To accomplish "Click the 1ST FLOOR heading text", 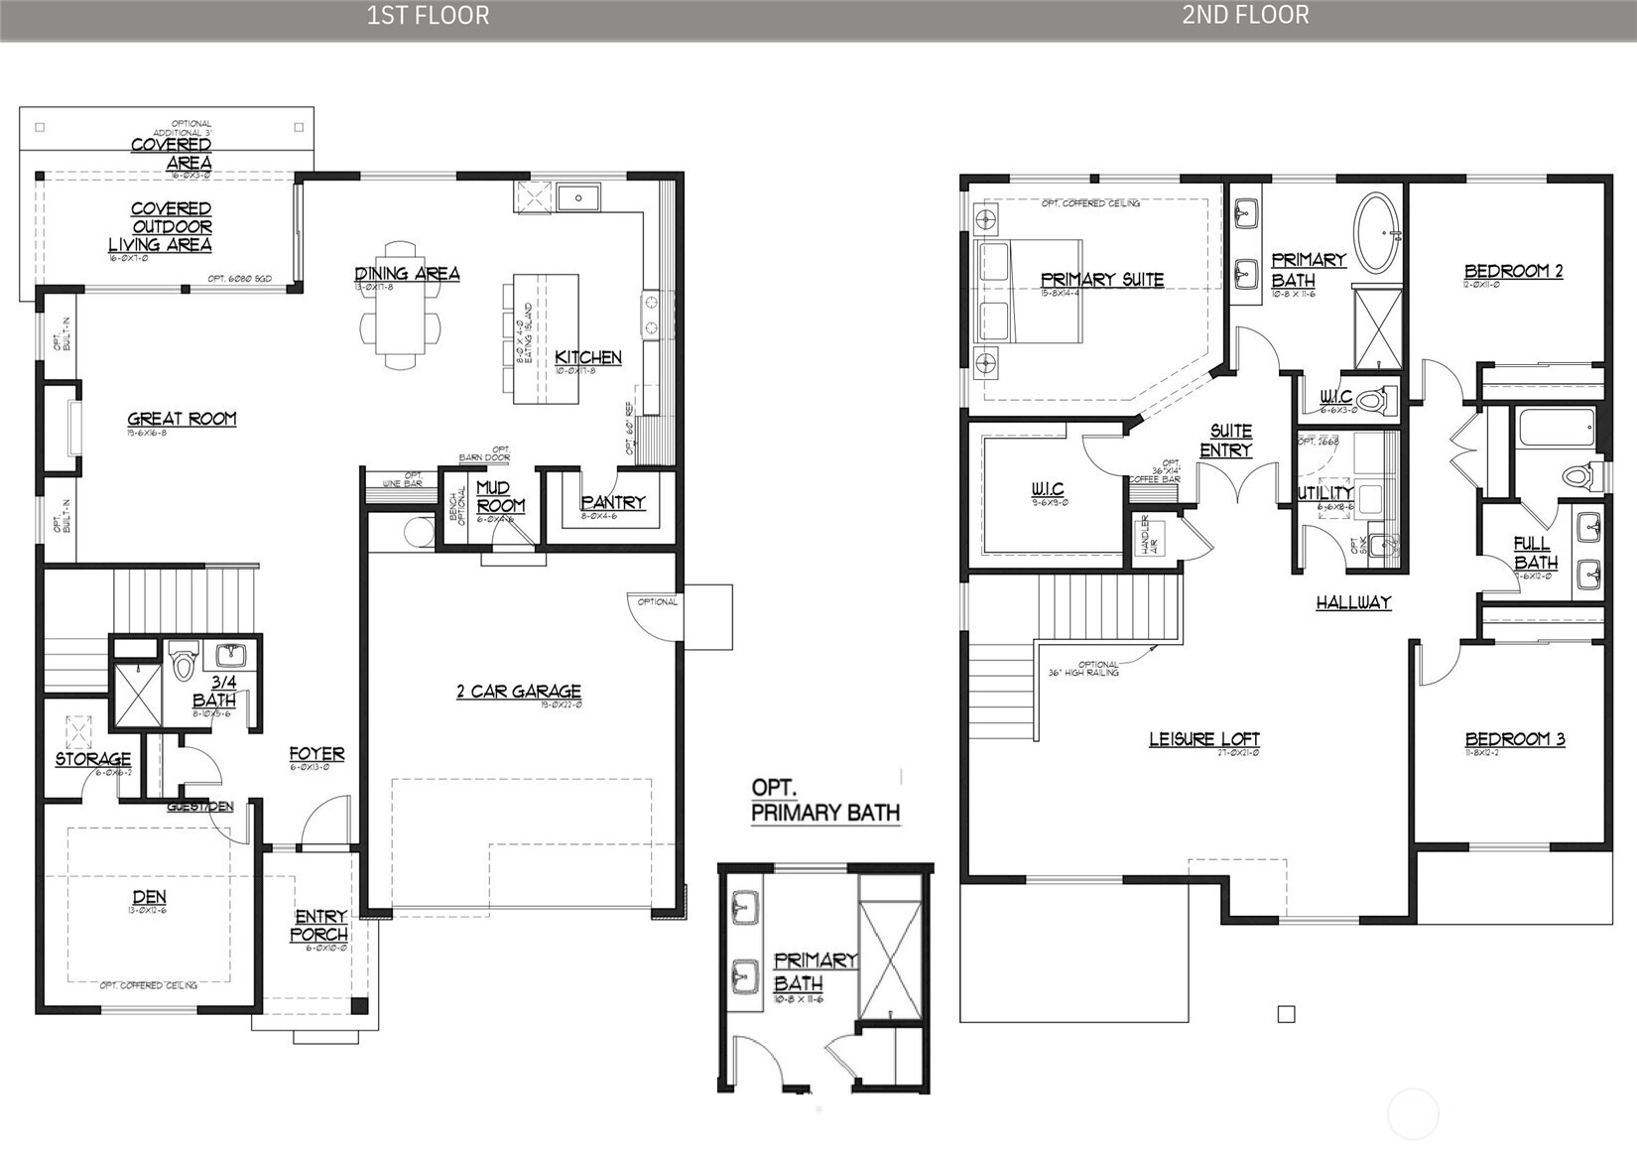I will pyautogui.click(x=428, y=15).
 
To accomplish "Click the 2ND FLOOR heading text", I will pyautogui.click(x=1245, y=15).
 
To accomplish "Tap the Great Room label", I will pyautogui.click(x=182, y=419).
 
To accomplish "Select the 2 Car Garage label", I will pyautogui.click(x=518, y=692).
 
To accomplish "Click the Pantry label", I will pyautogui.click(x=613, y=503).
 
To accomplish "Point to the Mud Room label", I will pyautogui.click(x=499, y=496).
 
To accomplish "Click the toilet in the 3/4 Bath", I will pyautogui.click(x=183, y=662).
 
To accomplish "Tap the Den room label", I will pyautogui.click(x=149, y=898).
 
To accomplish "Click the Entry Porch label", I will pyautogui.click(x=319, y=925).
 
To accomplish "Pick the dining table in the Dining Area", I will pyautogui.click(x=400, y=310).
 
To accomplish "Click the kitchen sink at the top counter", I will pyautogui.click(x=577, y=198).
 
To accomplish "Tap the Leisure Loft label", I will pyautogui.click(x=1203, y=739).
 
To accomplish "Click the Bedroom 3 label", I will pyautogui.click(x=1514, y=739).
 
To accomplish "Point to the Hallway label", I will pyautogui.click(x=1353, y=602).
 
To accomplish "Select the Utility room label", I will pyautogui.click(x=1325, y=492).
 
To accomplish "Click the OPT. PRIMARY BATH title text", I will pyautogui.click(x=824, y=800).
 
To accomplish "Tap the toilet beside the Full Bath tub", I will pyautogui.click(x=1577, y=475).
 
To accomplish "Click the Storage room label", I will pyautogui.click(x=92, y=759).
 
